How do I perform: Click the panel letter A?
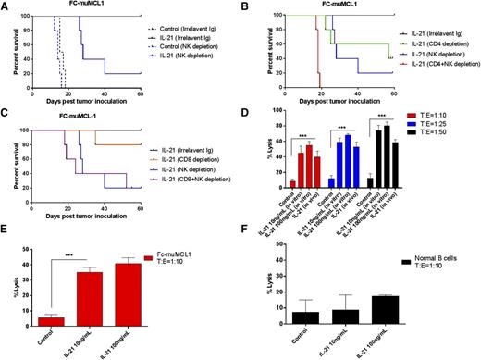click(x=6, y=6)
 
